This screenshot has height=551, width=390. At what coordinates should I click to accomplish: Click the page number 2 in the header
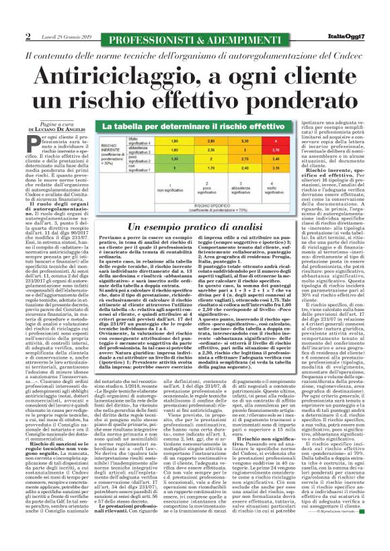coord(28,36)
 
